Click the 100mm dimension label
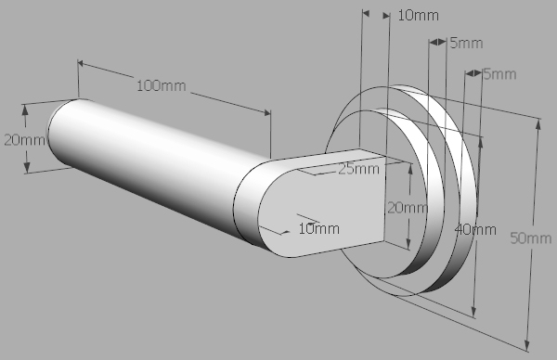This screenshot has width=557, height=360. [162, 85]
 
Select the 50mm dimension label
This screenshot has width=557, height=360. [531, 238]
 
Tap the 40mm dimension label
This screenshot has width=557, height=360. [475, 230]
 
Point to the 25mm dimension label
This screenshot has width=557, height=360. [358, 169]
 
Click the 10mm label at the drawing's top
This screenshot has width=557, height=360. [418, 15]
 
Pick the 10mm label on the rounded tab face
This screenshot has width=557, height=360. [319, 228]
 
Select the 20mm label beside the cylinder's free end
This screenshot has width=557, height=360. [24, 140]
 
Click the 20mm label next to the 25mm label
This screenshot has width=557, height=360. [408, 207]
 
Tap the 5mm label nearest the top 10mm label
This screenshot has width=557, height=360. [466, 43]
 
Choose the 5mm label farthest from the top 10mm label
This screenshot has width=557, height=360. [499, 74]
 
